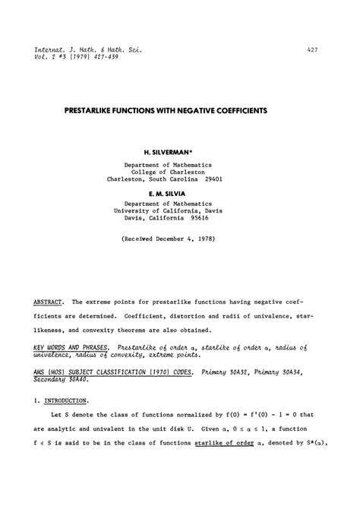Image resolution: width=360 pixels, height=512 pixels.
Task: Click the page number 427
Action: pos(312,49)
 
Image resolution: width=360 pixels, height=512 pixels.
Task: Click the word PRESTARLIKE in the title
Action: pos(95,110)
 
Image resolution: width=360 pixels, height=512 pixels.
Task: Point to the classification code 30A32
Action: pos(251,373)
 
